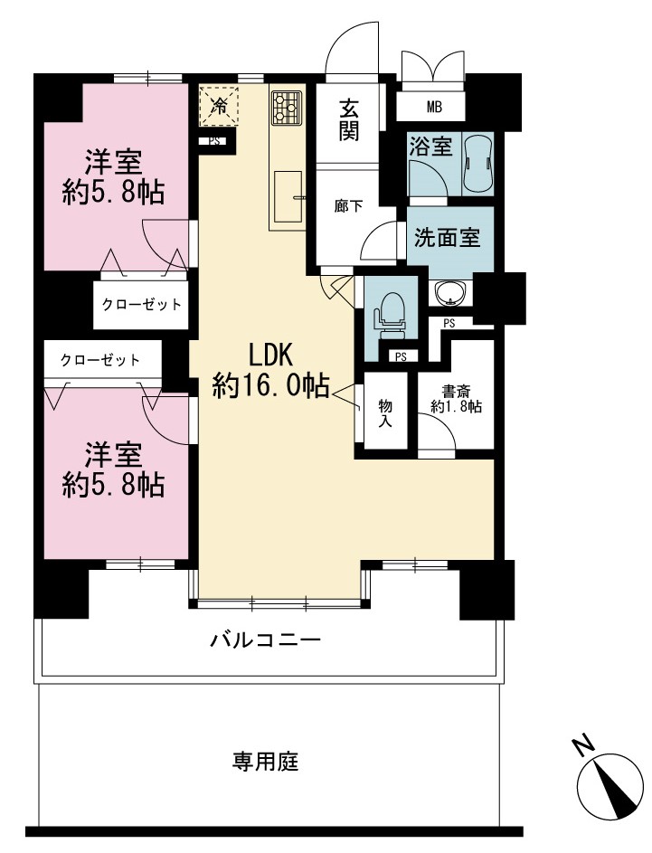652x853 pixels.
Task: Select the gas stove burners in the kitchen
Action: click(286, 107)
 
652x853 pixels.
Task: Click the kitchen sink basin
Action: click(288, 196)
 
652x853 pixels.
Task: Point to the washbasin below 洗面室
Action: click(449, 293)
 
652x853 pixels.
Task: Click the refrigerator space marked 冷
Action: click(220, 106)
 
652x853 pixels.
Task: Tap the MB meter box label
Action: click(434, 107)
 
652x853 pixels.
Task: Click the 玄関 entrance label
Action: click(348, 119)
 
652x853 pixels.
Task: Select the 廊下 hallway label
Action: click(348, 207)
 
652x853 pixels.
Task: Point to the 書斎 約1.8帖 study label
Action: click(456, 399)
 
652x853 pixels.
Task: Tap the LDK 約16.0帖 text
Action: click(270, 371)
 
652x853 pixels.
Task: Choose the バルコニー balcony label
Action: click(265, 640)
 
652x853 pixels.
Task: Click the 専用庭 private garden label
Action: click(265, 761)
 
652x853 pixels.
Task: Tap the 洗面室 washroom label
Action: click(447, 237)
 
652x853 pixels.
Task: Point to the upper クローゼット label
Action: click(141, 304)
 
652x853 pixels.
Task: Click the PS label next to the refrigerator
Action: click(214, 141)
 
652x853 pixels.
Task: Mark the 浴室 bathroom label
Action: click(430, 147)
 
